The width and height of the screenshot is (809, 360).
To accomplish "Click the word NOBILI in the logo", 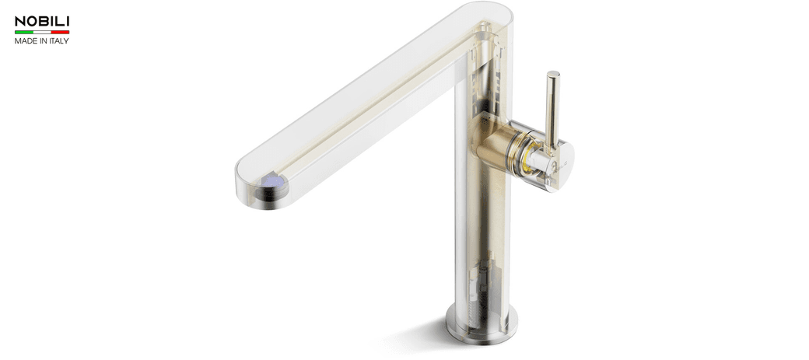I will (42, 21).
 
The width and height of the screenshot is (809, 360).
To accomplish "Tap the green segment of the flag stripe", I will (23, 32).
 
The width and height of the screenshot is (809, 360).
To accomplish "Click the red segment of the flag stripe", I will (61, 32).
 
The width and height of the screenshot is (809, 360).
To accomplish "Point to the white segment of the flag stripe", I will (42, 32).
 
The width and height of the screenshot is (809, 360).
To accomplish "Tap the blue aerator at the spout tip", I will (272, 183).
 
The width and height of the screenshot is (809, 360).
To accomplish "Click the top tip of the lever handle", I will (552, 75).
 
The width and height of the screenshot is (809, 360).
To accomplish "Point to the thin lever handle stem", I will (552, 109).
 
